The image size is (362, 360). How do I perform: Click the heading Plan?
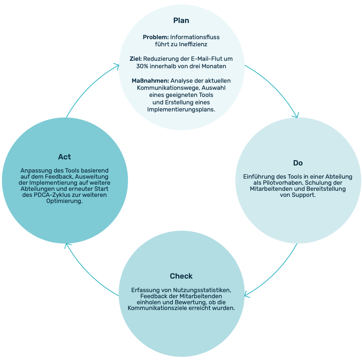click(x=181, y=21)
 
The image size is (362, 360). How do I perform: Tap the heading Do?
click(x=298, y=163)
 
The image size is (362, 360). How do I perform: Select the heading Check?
click(x=181, y=276)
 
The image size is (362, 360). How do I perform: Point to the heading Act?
click(x=64, y=157)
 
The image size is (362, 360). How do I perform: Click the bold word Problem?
click(x=156, y=37)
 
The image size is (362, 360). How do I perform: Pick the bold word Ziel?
click(x=136, y=59)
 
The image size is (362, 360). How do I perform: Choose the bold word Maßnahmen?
click(x=150, y=81)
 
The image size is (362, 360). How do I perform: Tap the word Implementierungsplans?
click(x=181, y=109)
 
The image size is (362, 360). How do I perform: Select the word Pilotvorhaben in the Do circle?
click(x=274, y=183)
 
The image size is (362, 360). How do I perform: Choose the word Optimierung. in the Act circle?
click(x=64, y=201)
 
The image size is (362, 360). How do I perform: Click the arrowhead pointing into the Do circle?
click(x=296, y=116)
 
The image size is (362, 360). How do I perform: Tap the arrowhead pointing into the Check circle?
click(x=247, y=295)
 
